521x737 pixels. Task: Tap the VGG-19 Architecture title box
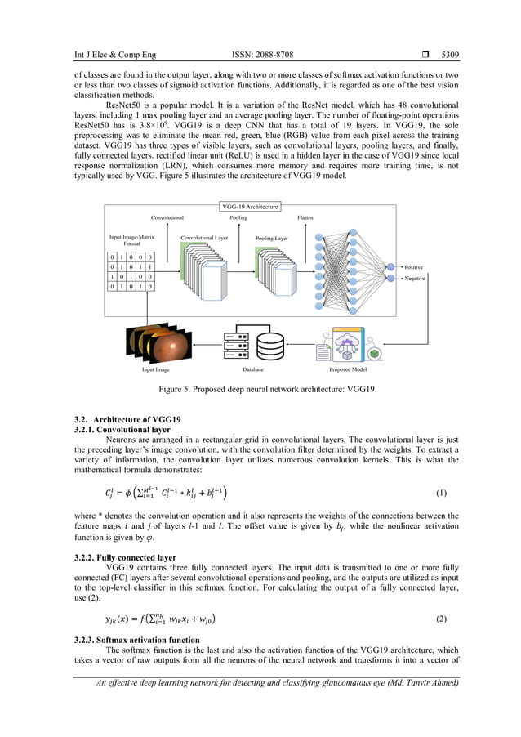point(250,207)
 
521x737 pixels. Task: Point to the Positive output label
point(413,267)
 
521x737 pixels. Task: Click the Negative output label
point(414,279)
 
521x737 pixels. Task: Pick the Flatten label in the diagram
point(305,218)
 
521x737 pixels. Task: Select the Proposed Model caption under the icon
point(347,370)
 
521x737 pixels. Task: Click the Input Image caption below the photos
point(156,370)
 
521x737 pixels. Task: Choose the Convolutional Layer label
point(204,239)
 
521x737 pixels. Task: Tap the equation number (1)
point(441,494)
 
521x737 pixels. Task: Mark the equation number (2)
point(441,618)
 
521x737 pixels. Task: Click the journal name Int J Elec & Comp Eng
point(114,56)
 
